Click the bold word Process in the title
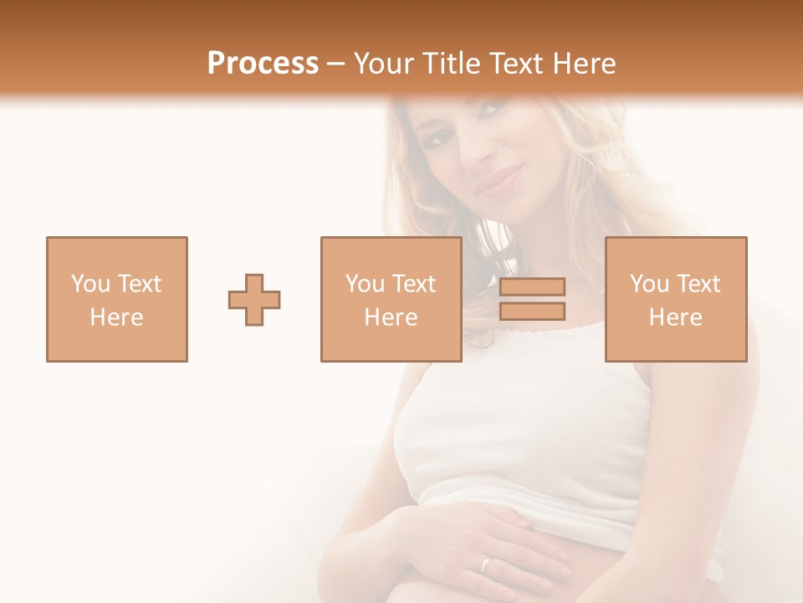[263, 64]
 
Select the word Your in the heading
[385, 64]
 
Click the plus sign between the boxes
[254, 300]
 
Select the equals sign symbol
[532, 299]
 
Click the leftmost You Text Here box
[117, 299]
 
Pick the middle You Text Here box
[391, 299]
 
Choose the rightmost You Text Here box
[675, 299]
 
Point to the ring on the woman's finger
[485, 564]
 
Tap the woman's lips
[499, 179]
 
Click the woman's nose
[478, 151]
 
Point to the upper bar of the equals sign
[532, 286]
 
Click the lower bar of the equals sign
[532, 312]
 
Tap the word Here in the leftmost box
[117, 317]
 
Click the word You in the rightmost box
[649, 284]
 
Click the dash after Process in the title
[335, 64]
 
